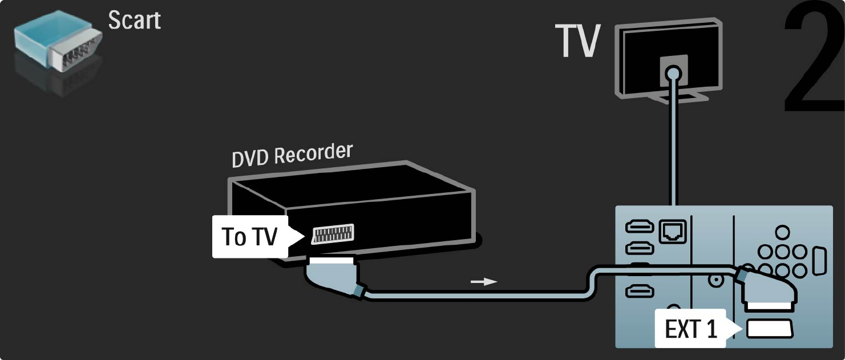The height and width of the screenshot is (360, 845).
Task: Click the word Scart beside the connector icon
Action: tap(135, 20)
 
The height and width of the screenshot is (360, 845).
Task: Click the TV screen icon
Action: tap(669, 63)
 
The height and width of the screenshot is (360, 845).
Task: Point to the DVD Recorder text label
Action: tap(292, 155)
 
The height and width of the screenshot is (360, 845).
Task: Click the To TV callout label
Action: tap(249, 236)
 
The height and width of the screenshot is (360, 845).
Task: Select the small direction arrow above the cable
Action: tap(483, 281)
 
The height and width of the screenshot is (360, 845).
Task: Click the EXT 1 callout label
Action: tap(691, 329)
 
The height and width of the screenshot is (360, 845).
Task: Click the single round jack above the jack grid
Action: tap(783, 232)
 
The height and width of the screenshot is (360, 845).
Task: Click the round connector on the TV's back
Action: tap(674, 72)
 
